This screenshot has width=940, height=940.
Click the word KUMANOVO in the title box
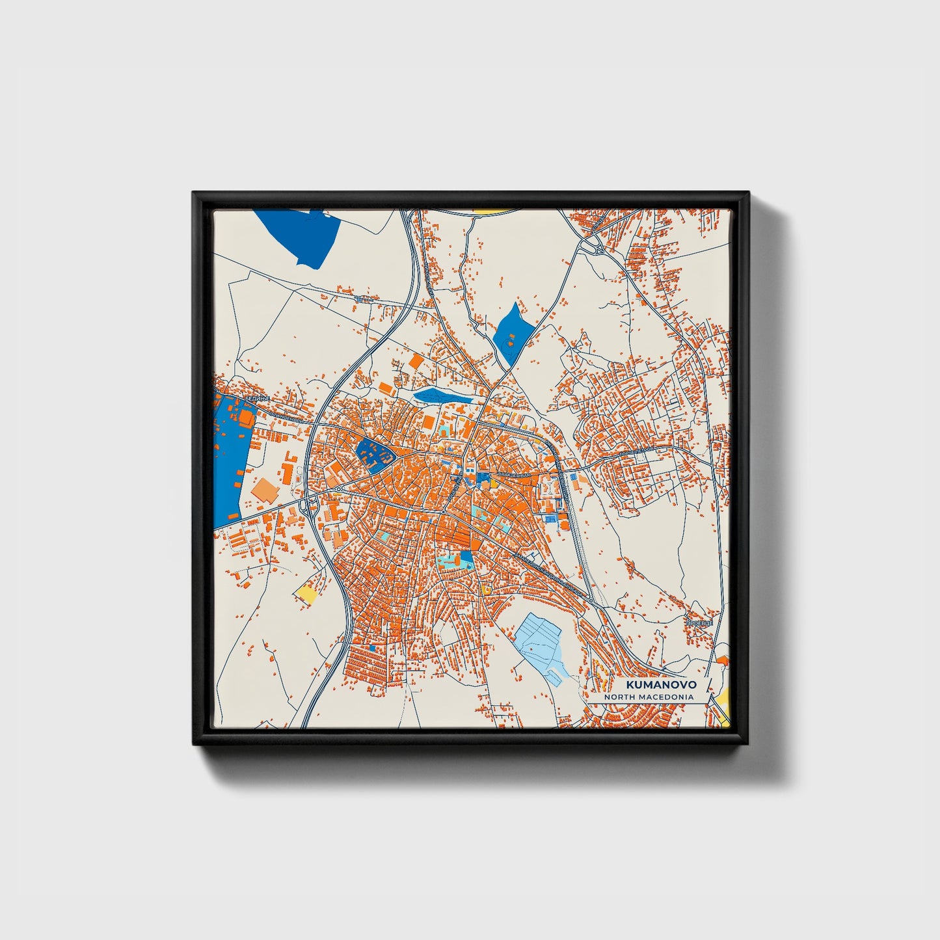tap(661, 685)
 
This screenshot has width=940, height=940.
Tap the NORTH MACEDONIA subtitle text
tap(648, 697)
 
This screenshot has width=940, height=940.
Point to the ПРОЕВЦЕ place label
tap(699, 623)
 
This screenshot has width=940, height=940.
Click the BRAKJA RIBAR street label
tap(514, 476)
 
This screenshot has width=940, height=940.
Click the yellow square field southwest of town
tap(306, 593)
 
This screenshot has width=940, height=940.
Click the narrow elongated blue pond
tap(442, 396)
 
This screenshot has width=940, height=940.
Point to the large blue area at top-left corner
tap(301, 235)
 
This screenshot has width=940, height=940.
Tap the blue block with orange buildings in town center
tap(374, 454)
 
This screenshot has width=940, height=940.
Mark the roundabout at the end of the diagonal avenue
tap(590, 600)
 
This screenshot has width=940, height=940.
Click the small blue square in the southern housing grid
tap(372, 647)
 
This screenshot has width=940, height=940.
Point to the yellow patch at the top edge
tap(492, 211)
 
